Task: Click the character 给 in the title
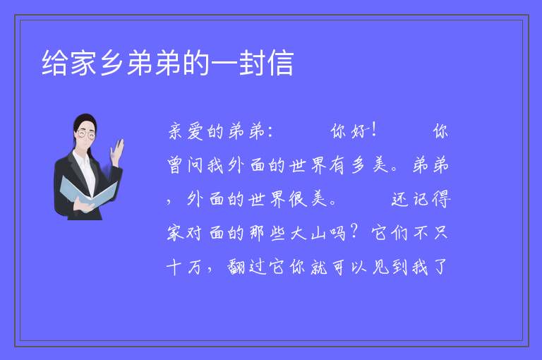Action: pyautogui.click(x=54, y=63)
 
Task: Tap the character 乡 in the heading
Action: pyautogui.click(x=112, y=63)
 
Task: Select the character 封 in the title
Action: pyautogui.click(x=253, y=63)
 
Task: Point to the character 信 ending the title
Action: pyautogui.click(x=281, y=63)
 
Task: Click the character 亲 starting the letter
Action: pyautogui.click(x=175, y=131)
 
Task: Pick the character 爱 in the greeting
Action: pyautogui.click(x=195, y=131)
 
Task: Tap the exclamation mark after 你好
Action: pyautogui.click(x=373, y=131)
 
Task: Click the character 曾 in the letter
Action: pyautogui.click(x=175, y=165)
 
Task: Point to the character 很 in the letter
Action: pyautogui.click(x=298, y=199)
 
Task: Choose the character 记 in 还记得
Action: pyautogui.click(x=421, y=199)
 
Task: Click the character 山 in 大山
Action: pyautogui.click(x=318, y=233)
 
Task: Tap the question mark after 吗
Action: pyautogui.click(x=354, y=232)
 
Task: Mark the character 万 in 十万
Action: pyautogui.click(x=195, y=267)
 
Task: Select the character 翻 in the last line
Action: pyautogui.click(x=236, y=267)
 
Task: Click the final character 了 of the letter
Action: pyautogui.click(x=440, y=267)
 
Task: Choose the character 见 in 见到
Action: pyautogui.click(x=380, y=267)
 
